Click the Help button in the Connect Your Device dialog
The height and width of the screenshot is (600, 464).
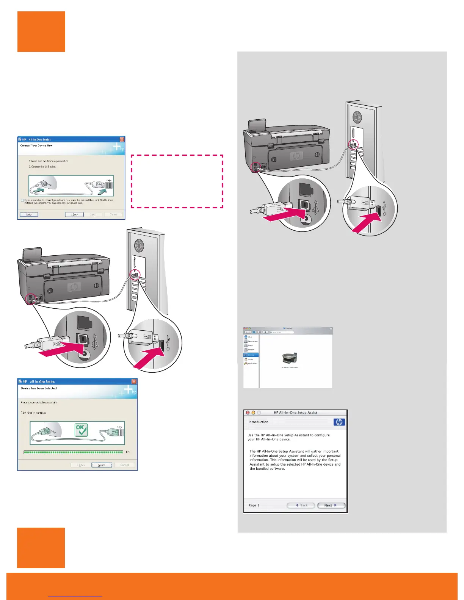pyautogui.click(x=29, y=214)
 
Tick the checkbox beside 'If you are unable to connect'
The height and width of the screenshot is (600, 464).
pyautogui.click(x=22, y=200)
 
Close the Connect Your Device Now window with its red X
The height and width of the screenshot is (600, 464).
pyautogui.click(x=122, y=139)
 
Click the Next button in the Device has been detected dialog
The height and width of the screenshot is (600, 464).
pyautogui.click(x=102, y=465)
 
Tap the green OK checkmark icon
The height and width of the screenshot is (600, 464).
pyautogui.click(x=81, y=430)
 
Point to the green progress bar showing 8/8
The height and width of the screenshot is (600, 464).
pyautogui.click(x=73, y=452)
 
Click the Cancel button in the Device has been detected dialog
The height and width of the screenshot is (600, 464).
pyautogui.click(x=125, y=465)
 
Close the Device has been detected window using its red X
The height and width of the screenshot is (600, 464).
pyautogui.click(x=134, y=381)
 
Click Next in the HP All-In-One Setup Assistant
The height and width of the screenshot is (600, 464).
pyautogui.click(x=331, y=505)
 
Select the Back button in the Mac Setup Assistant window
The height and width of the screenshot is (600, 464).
pyautogui.click(x=301, y=505)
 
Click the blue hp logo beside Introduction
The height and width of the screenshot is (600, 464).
pyautogui.click(x=339, y=422)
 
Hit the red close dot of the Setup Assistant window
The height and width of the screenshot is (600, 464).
pyautogui.click(x=248, y=412)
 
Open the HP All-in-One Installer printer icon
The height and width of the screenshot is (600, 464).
pyautogui.click(x=290, y=358)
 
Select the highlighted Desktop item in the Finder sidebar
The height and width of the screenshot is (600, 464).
pyautogui.click(x=251, y=355)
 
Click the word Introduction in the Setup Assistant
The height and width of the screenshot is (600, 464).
pyautogui.click(x=258, y=422)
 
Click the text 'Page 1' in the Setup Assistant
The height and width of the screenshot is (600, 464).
pyautogui.click(x=254, y=505)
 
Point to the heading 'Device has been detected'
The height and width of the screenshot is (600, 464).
pyautogui.click(x=39, y=388)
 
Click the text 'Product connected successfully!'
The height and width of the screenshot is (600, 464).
pyautogui.click(x=39, y=402)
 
